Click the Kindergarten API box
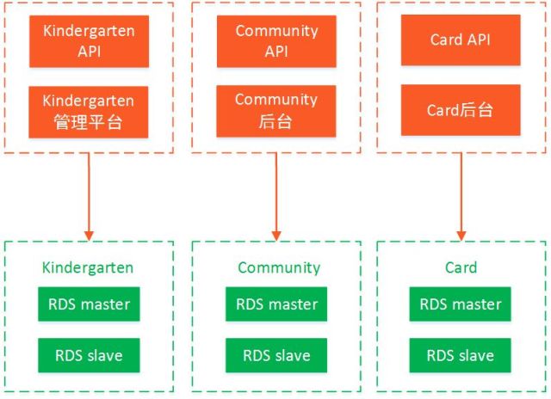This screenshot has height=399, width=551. [x=89, y=41]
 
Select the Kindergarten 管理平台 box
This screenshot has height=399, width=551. [x=88, y=112]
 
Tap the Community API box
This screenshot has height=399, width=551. [x=276, y=41]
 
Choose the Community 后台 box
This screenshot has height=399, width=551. [x=276, y=111]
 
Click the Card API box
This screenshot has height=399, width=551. [x=461, y=40]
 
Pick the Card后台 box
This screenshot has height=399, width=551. [x=461, y=110]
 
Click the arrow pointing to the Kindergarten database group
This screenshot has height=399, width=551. [x=89, y=197]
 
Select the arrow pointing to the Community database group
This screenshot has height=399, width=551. [x=276, y=197]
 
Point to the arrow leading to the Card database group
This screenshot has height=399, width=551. [x=461, y=197]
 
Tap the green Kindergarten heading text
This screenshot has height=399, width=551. [x=88, y=267]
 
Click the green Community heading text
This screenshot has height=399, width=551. [x=279, y=267]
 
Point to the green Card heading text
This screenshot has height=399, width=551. [x=461, y=267]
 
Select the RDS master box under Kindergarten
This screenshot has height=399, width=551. [x=89, y=304]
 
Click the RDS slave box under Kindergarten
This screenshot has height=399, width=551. [x=89, y=355]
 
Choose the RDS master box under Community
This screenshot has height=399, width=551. [x=276, y=304]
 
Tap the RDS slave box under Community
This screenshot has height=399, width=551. [x=276, y=355]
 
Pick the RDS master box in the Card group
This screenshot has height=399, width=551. [x=460, y=304]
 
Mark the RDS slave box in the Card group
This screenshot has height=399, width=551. [x=460, y=355]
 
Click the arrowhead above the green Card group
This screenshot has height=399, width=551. [x=461, y=236]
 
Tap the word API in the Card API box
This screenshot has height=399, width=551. [x=478, y=40]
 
